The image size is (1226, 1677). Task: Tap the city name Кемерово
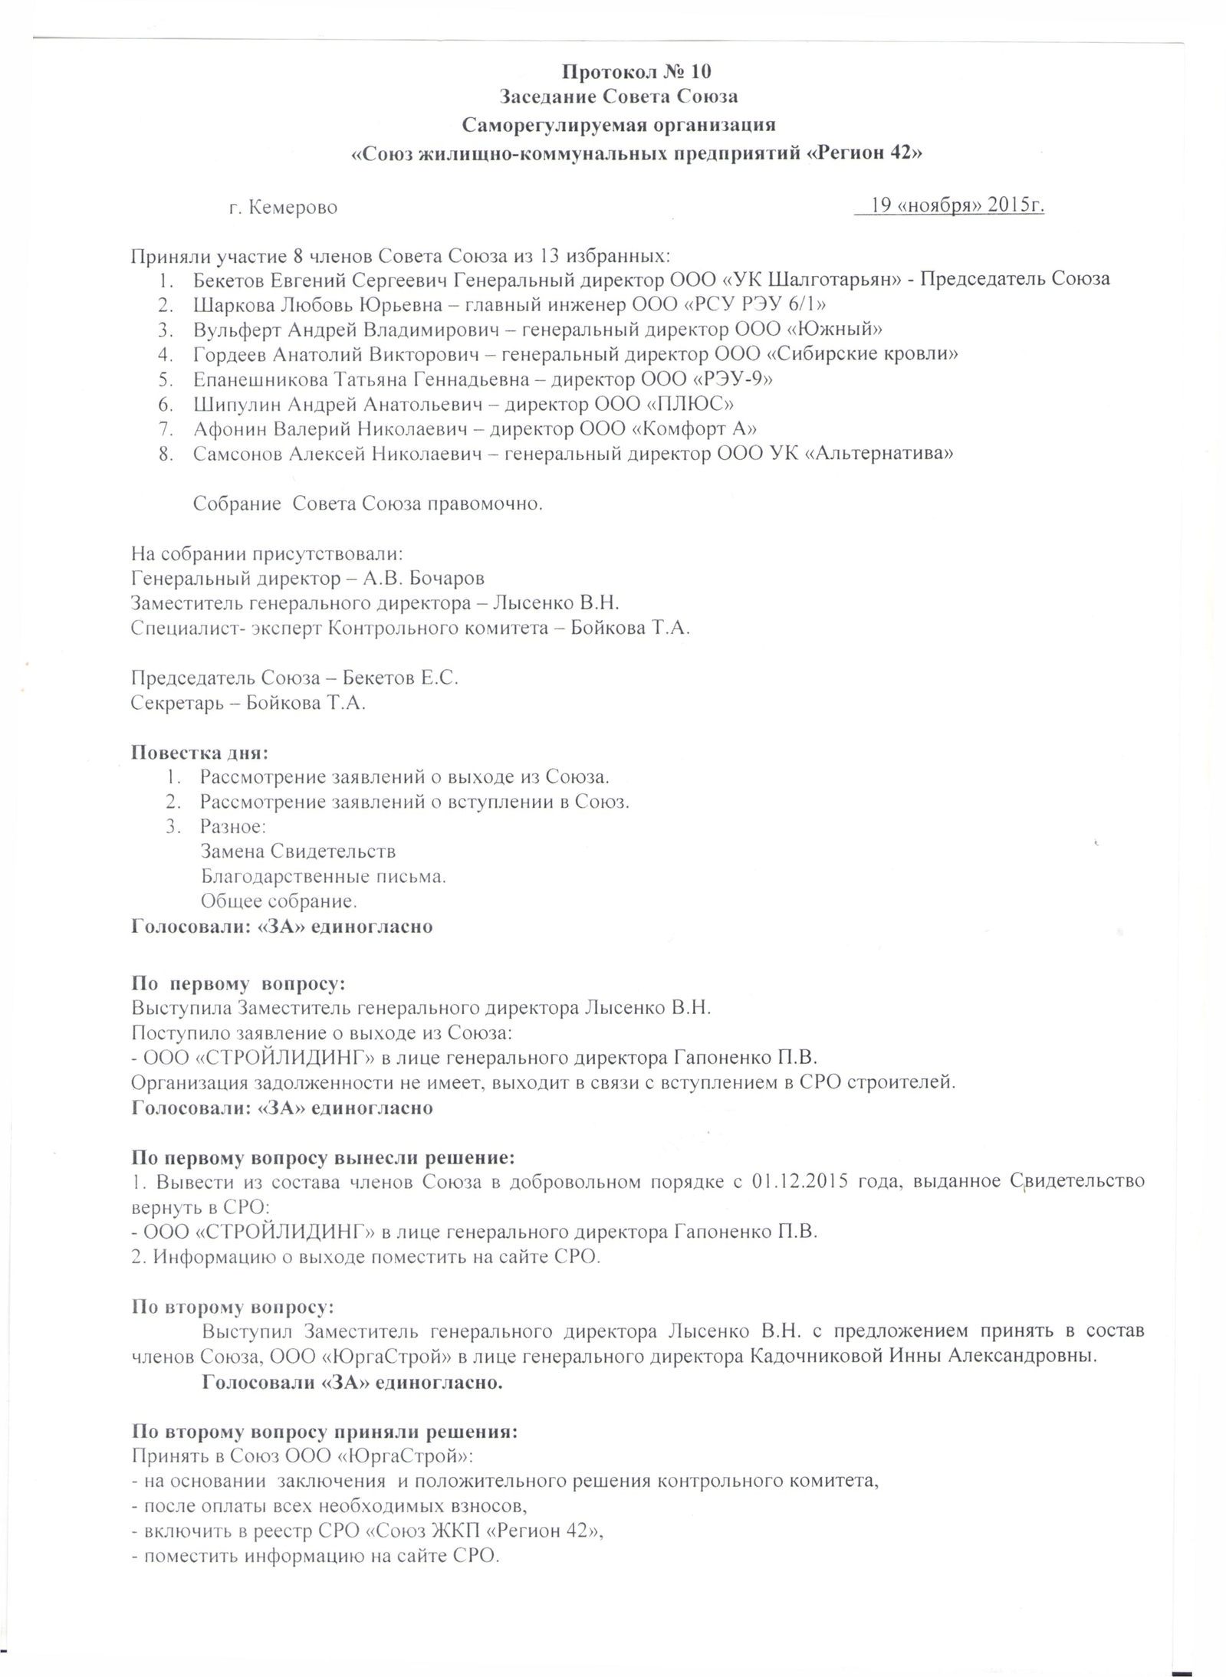click(x=294, y=208)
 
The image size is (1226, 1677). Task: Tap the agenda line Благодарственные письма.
click(x=323, y=875)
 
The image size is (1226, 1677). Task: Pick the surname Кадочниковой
click(x=814, y=1355)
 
